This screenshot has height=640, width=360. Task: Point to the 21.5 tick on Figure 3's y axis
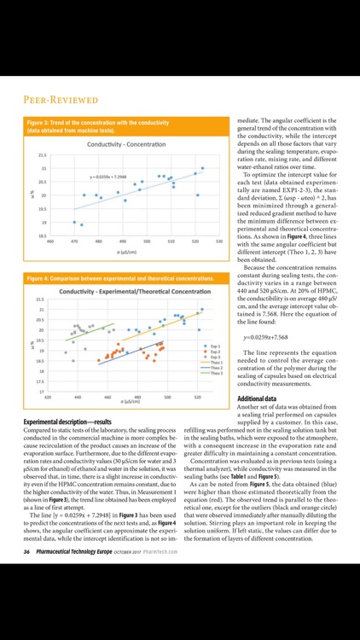(42, 155)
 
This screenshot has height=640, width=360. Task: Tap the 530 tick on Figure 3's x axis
(219, 241)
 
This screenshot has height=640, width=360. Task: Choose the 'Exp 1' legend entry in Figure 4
(214, 346)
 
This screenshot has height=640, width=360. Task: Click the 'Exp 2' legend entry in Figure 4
(214, 352)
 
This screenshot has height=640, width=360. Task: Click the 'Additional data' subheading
(257, 399)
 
